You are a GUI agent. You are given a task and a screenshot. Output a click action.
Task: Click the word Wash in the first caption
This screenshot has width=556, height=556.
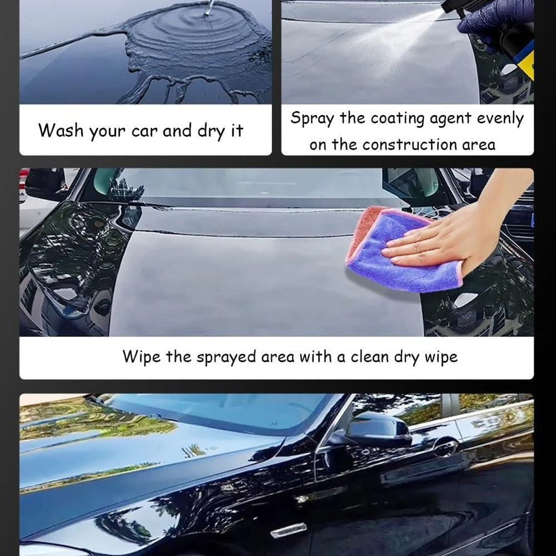tap(58, 131)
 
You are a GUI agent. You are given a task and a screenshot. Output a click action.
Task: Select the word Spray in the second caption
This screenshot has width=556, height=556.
tap(312, 118)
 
